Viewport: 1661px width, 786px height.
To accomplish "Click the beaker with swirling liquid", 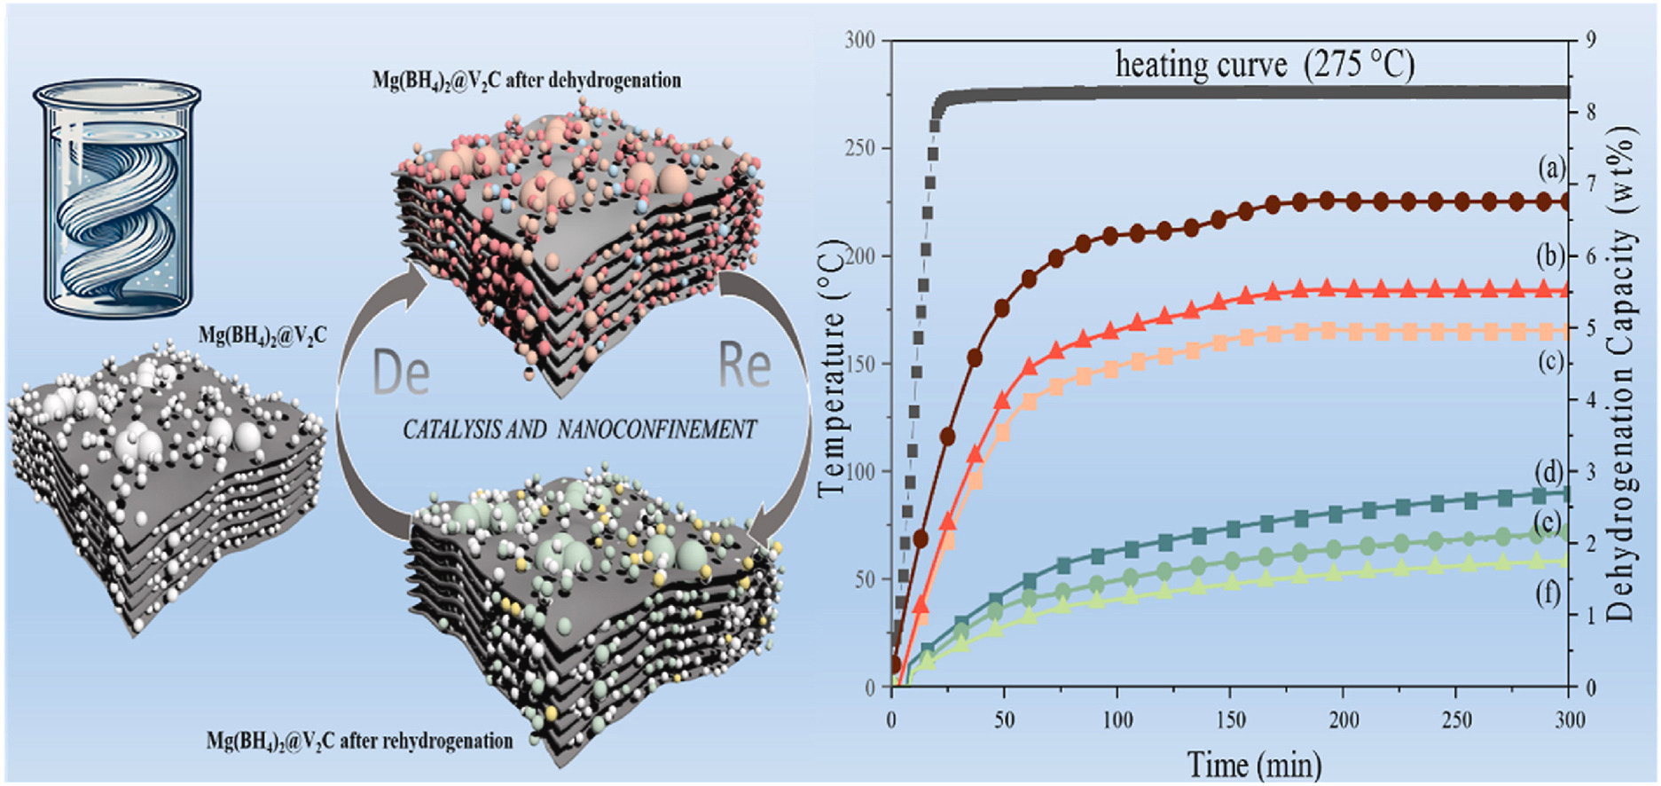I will point(117,197).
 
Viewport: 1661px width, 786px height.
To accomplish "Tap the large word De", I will point(401,373).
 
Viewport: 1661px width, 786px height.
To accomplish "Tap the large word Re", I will point(743,365).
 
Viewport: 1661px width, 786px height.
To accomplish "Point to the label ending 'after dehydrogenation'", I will point(527,81).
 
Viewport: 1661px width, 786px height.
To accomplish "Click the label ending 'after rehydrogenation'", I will point(359,741).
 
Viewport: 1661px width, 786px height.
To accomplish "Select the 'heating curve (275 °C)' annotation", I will point(1264,65).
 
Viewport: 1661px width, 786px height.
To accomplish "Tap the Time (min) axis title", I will point(1254,765).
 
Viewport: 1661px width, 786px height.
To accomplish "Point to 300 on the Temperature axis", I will point(858,40).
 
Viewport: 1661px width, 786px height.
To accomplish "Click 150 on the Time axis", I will point(1229,720).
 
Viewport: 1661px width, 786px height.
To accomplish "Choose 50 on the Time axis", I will point(1004,720).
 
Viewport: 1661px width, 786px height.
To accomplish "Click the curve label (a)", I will point(1552,168).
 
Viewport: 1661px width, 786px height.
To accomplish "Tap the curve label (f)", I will point(1548,593).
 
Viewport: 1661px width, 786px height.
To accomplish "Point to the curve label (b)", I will point(1552,256).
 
